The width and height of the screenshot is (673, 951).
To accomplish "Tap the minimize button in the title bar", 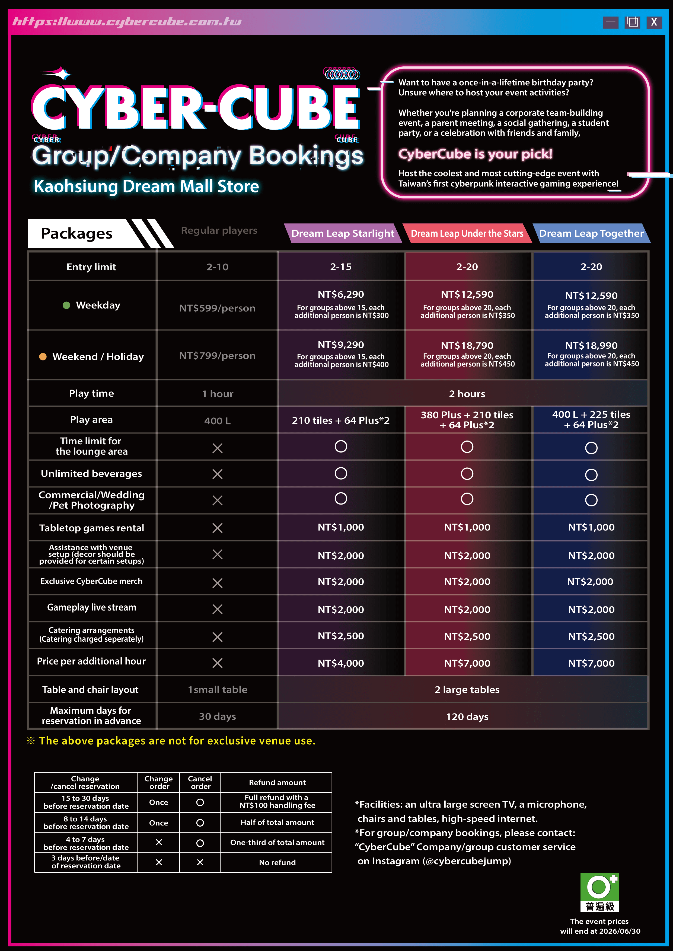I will (x=610, y=22).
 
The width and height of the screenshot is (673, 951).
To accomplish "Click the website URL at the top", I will (x=127, y=21).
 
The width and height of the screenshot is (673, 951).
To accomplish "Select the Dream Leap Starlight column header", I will (x=342, y=233).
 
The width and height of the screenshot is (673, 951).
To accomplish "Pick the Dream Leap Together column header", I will (x=591, y=233).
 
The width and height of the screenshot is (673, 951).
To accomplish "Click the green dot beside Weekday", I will (x=66, y=305).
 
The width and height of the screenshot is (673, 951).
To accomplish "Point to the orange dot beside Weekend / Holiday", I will (x=43, y=357).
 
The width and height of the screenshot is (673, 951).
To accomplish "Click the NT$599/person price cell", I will (x=217, y=308).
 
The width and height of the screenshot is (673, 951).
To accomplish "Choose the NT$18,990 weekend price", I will (x=591, y=345).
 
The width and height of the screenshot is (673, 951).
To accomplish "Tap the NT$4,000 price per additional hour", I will (x=341, y=663).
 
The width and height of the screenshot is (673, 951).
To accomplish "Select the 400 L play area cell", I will (x=217, y=421).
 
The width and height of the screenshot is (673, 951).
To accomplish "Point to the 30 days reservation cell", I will (x=217, y=716).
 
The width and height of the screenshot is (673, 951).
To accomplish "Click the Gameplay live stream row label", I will (x=92, y=607).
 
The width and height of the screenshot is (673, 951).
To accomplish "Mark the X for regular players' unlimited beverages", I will (x=217, y=474).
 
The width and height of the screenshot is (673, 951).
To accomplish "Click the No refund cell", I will (x=277, y=862).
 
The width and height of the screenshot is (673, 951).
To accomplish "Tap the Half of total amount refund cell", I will (x=277, y=822).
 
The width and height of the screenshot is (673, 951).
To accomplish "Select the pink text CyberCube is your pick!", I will (x=475, y=154).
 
